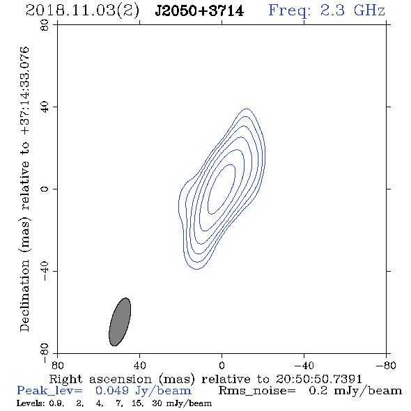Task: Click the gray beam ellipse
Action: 120,322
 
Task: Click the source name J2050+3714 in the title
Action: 199,11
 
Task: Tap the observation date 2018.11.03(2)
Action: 82,11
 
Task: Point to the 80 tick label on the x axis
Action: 57,365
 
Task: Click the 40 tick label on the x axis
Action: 139,365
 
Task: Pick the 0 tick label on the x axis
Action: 222,365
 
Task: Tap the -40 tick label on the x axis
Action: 304,365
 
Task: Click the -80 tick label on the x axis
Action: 386,365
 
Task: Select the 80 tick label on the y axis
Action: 45,25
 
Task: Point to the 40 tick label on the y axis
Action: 45,107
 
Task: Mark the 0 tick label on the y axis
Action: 45,189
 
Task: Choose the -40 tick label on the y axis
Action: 45,271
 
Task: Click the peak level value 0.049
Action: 112,391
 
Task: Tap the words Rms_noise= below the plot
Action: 257,391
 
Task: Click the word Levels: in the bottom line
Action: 30,403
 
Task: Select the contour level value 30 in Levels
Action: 157,403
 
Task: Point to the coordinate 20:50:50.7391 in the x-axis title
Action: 319,379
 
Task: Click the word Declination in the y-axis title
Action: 24,296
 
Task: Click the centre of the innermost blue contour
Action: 222,189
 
